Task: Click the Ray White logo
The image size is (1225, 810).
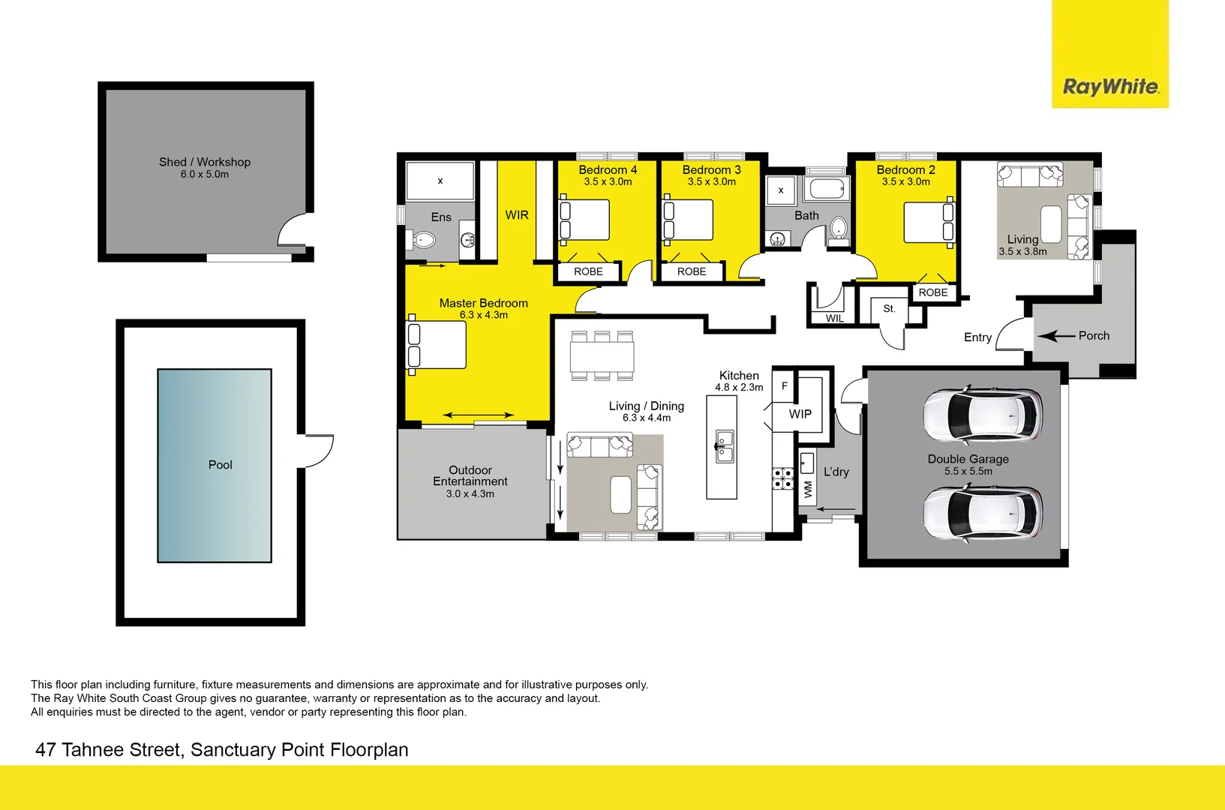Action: coord(1110,86)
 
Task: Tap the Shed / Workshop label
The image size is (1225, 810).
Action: coord(205,162)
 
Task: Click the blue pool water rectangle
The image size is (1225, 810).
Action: coord(215,465)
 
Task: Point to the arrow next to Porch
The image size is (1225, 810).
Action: coord(1057,336)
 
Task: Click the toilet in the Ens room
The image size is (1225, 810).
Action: coord(422,240)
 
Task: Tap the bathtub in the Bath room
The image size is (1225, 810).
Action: coord(827,187)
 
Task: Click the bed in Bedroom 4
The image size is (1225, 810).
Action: coord(585,220)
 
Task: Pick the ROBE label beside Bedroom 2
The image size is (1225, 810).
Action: coord(933,292)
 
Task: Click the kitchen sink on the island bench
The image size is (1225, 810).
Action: coord(725,446)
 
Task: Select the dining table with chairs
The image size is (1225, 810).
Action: coord(602,356)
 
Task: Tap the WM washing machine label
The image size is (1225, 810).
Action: coord(808,490)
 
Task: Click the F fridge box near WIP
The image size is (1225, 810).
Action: coord(785,385)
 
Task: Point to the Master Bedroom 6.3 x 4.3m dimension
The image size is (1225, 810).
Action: coord(484,315)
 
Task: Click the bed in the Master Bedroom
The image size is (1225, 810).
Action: coord(437,344)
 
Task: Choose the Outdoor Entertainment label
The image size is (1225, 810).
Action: coord(470,475)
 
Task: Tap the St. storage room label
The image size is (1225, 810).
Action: coord(889,308)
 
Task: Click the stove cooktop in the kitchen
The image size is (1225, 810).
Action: coord(783,478)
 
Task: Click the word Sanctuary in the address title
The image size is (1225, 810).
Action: coord(233,750)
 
